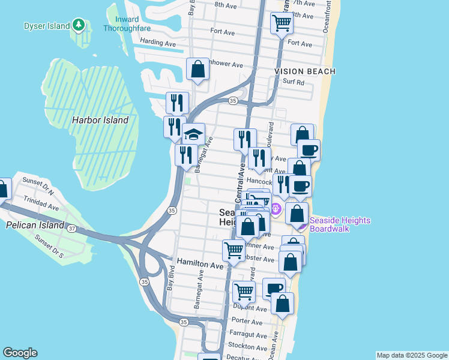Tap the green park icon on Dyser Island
(x=78, y=25)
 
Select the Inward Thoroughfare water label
(x=125, y=23)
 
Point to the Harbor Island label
(x=100, y=120)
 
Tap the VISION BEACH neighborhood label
(x=305, y=71)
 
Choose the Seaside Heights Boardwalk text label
(x=340, y=225)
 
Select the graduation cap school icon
(x=193, y=134)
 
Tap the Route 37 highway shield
(x=71, y=228)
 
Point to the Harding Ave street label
(x=157, y=43)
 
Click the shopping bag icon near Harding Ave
(x=197, y=70)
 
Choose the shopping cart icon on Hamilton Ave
(x=233, y=250)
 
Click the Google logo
(x=20, y=353)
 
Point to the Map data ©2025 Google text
(x=411, y=355)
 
